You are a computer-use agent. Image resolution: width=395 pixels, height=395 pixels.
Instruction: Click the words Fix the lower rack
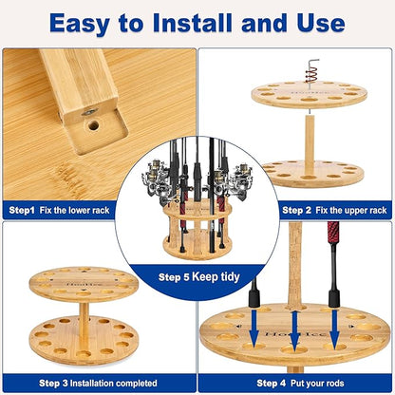[90, 209]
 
